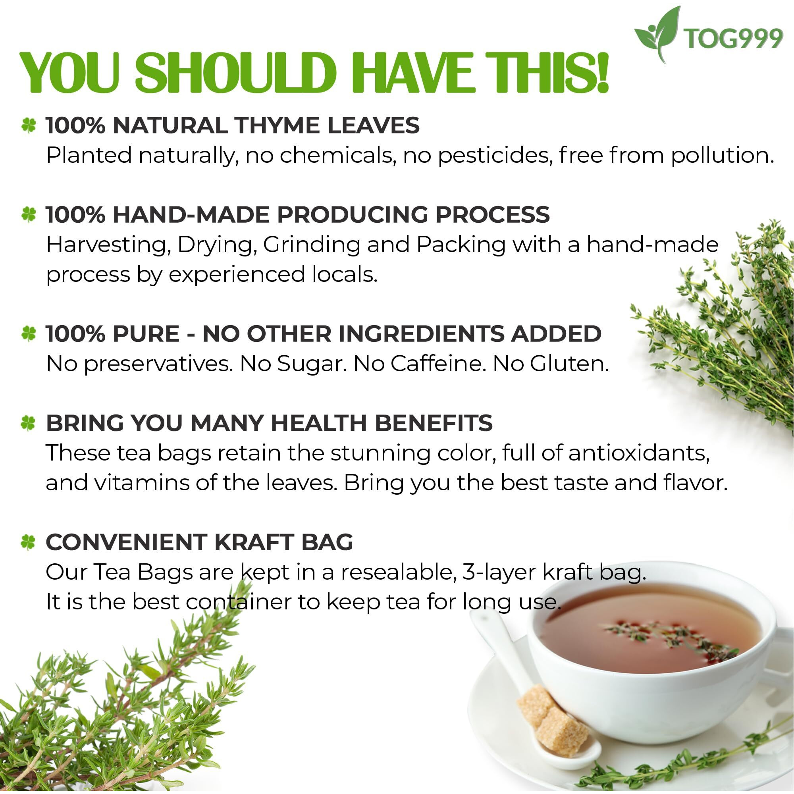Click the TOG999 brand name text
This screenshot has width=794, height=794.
[x=733, y=39]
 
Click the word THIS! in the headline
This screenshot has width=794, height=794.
[x=547, y=73]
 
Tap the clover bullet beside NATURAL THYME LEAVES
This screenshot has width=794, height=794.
[x=29, y=125]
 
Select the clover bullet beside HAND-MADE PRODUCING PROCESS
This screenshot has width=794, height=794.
[x=29, y=214]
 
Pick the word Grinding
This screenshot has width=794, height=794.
[x=311, y=245]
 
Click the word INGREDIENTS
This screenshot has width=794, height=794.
[x=421, y=333]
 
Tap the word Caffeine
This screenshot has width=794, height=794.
[x=436, y=364]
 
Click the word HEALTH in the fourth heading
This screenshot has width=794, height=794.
[x=318, y=423]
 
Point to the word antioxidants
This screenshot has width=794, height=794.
[x=639, y=453]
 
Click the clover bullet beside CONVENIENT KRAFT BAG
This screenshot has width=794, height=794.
[x=28, y=542]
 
